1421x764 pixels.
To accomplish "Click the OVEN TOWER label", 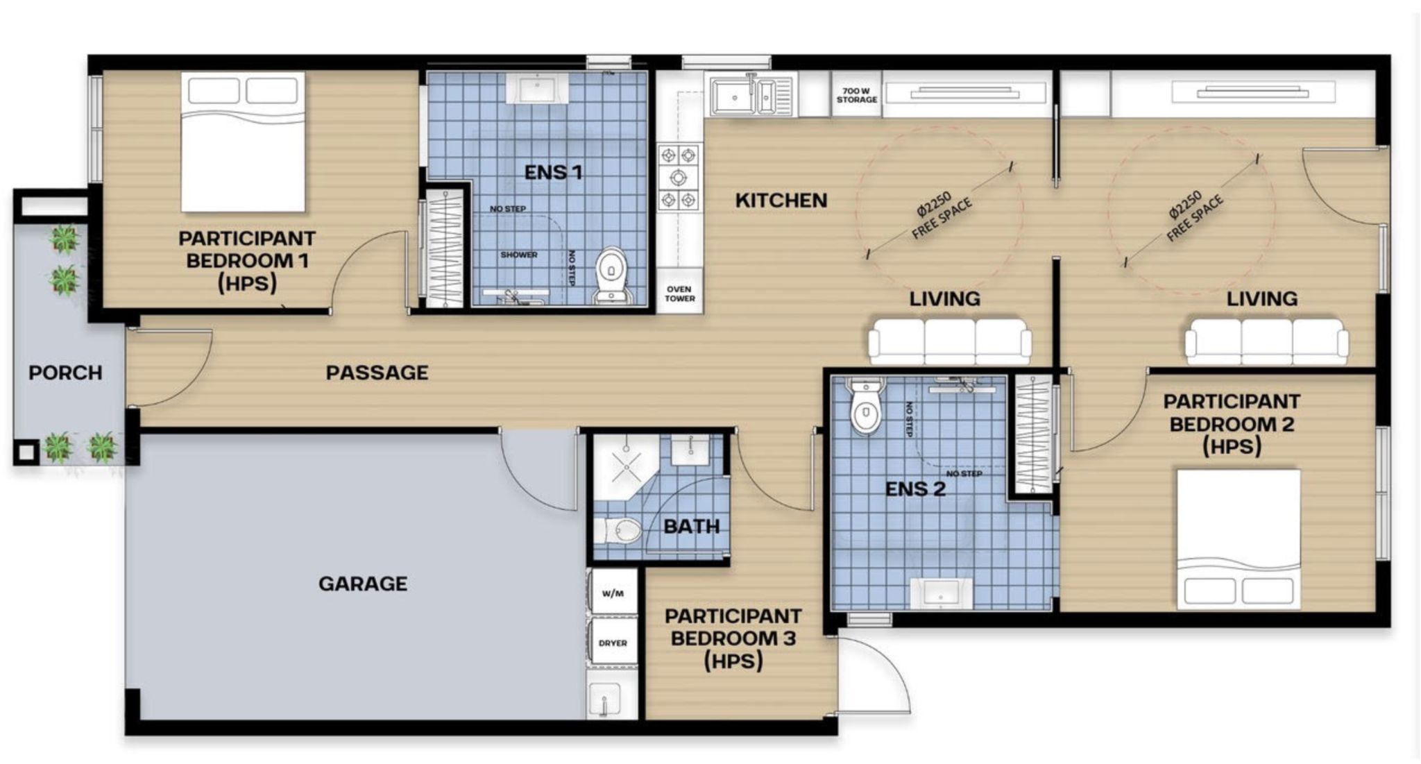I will pyautogui.click(x=679, y=294).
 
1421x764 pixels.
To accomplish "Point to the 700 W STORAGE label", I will pyautogui.click(x=856, y=95).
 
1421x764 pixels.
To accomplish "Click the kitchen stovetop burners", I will pyautogui.click(x=678, y=178).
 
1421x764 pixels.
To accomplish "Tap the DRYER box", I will pyautogui.click(x=613, y=643).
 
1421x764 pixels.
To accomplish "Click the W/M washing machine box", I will pyautogui.click(x=613, y=593).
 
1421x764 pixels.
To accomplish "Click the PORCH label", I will pyautogui.click(x=65, y=373).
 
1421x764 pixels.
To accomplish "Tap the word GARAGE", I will pyautogui.click(x=362, y=584).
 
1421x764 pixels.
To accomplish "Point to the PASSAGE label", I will pyautogui.click(x=377, y=373).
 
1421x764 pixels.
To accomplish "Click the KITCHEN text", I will pyautogui.click(x=781, y=201).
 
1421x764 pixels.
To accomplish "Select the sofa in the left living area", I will pyautogui.click(x=950, y=341).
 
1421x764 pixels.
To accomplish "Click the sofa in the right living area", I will pyautogui.click(x=1266, y=341).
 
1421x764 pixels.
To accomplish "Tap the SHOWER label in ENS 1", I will pyautogui.click(x=518, y=255).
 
